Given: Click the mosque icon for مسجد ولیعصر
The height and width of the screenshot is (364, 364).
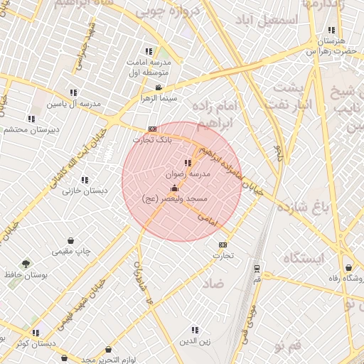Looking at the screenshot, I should point(175,188).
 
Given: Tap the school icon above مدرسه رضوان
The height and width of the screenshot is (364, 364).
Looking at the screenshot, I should point(188,164).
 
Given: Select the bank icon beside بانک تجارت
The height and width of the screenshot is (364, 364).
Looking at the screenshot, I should point(152,129).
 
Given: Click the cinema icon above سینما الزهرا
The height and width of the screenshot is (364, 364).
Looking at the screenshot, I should point(159,87).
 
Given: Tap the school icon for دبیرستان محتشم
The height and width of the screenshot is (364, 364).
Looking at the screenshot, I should point(31,119).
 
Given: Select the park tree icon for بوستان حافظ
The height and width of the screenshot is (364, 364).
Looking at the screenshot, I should point(26,263).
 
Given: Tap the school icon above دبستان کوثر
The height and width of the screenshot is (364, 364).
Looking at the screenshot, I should point(36,333).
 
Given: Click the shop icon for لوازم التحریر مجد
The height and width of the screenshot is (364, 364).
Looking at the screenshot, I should point(109,350).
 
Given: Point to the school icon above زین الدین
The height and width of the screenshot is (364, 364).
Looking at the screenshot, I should point(196,329).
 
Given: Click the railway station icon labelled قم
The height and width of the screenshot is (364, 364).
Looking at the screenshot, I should point(257,269).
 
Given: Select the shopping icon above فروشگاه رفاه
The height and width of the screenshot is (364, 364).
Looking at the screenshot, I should point(349,267).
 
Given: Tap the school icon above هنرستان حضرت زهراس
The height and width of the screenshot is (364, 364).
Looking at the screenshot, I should point(331,30).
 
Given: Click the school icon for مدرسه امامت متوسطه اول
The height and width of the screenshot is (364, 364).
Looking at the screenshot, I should point(149,51).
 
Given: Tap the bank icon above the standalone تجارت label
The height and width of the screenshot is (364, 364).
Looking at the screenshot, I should point(223,245).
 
